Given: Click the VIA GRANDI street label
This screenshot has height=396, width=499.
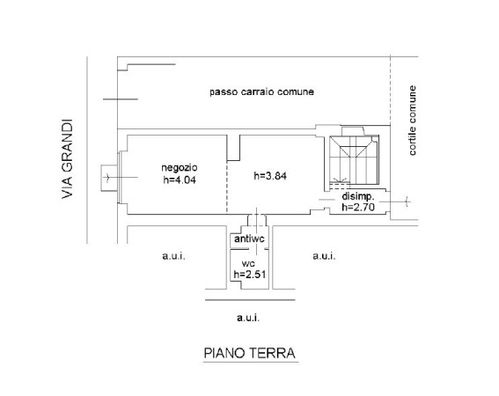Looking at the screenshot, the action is click(67, 159).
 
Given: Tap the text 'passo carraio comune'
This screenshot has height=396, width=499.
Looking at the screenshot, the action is click(261, 92).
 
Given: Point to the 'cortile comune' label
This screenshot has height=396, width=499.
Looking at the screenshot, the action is click(413, 121).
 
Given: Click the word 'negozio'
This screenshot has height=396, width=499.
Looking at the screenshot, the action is click(180, 168).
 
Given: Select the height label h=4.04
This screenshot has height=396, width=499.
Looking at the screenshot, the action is click(180, 180).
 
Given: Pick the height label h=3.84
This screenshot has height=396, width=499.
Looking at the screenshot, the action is click(270, 176).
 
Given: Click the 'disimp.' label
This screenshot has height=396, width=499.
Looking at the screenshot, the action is click(358, 196).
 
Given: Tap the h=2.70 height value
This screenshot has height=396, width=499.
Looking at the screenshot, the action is click(358, 207).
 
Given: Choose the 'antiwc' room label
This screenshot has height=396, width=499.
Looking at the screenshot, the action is click(249, 238).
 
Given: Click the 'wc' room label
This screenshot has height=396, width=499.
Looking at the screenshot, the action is click(248, 264).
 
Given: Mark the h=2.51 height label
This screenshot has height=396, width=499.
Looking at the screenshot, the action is click(250, 274).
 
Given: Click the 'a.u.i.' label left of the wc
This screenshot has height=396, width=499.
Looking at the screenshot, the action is click(173, 255).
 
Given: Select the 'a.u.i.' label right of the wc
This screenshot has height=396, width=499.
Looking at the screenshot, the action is click(324, 255).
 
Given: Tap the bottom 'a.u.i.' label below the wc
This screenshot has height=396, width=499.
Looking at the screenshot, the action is click(248, 318).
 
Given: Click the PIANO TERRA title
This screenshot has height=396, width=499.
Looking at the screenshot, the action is click(250, 354).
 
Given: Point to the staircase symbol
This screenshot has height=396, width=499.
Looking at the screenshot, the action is click(354, 160).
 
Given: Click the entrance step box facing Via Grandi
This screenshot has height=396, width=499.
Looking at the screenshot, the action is click(109, 178).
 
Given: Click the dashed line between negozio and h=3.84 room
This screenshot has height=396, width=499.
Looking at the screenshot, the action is click(227, 187).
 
